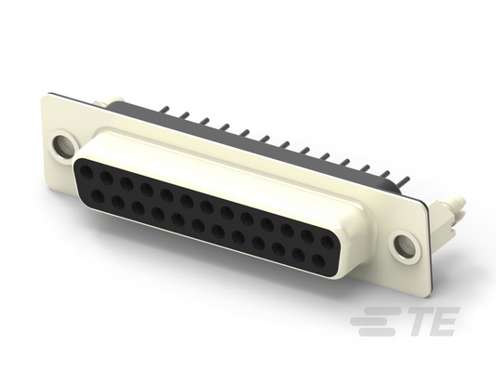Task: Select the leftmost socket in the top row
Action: pyautogui.click(x=86, y=172)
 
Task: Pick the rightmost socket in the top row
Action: pyautogui.click(x=327, y=243)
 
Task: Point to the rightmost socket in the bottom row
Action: pyautogui.click(x=318, y=260)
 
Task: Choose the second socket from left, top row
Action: pyautogui.click(x=106, y=179)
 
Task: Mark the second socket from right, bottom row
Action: pyautogui.click(x=299, y=255)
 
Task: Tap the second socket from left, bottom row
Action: pyautogui.click(x=118, y=203)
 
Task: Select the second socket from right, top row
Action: pyautogui.click(x=306, y=237)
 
